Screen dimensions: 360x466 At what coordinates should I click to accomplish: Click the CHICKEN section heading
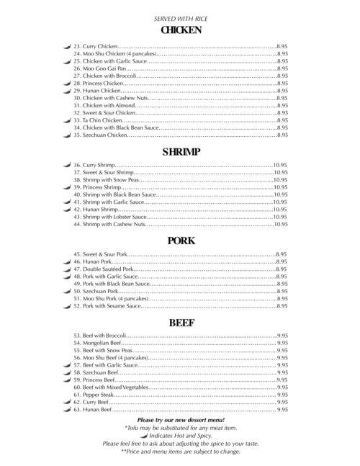[x=180, y=30]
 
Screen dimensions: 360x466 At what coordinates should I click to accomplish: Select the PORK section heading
[x=180, y=241]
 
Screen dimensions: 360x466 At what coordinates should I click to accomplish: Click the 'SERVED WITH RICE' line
[x=180, y=17]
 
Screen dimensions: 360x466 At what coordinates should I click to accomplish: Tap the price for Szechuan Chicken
[x=282, y=135]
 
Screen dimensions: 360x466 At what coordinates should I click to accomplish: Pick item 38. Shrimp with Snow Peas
[x=103, y=180]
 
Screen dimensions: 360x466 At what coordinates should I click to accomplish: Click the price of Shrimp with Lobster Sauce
[x=280, y=217]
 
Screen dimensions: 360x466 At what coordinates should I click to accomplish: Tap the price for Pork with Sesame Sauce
[x=282, y=306]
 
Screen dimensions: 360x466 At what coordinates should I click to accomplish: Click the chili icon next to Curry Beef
[x=66, y=402]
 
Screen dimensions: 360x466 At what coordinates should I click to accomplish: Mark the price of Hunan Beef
[x=282, y=409]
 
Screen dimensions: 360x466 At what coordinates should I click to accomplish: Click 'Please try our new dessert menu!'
[x=180, y=419]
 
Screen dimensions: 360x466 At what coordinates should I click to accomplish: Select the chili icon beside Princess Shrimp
[x=66, y=187]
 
